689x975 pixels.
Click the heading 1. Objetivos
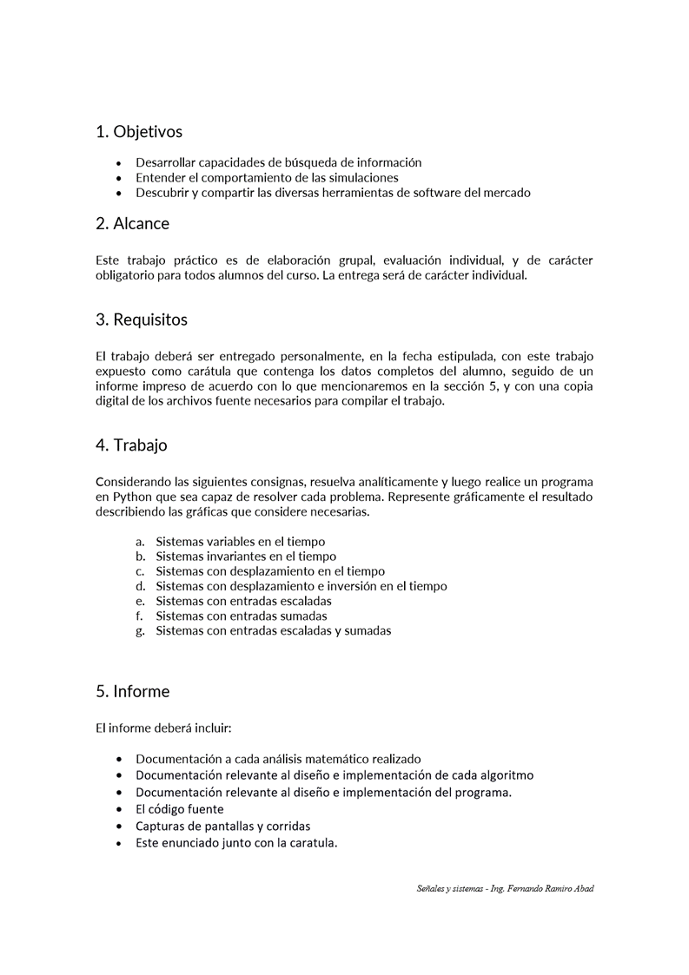pyautogui.click(x=139, y=132)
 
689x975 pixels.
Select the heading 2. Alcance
pyautogui.click(x=132, y=223)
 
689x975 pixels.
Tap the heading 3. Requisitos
pyautogui.click(x=142, y=320)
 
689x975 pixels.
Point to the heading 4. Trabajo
pyautogui.click(x=131, y=445)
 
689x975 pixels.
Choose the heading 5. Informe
pyautogui.click(x=132, y=692)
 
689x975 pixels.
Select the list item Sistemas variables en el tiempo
pyautogui.click(x=240, y=540)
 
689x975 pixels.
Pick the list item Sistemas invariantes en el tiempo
pyautogui.click(x=246, y=556)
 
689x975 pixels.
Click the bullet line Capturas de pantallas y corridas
pyautogui.click(x=222, y=826)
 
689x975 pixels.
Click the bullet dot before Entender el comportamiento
pyautogui.click(x=119, y=178)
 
